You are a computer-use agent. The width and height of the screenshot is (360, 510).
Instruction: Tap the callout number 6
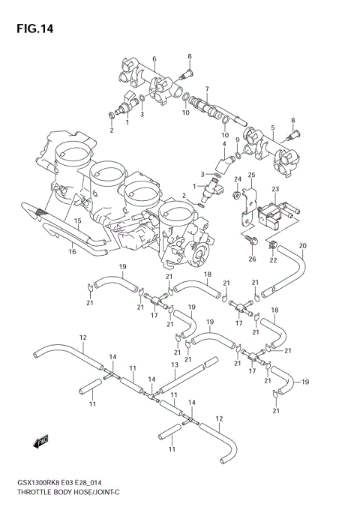[x=154, y=59]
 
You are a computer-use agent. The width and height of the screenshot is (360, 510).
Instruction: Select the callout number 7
[x=206, y=89]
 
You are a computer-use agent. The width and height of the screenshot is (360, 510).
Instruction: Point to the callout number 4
[x=223, y=144]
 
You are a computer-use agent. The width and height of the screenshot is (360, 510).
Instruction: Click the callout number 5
[x=272, y=127]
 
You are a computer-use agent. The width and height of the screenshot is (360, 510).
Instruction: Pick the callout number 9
[x=238, y=140]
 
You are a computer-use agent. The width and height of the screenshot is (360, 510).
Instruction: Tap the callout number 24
[x=236, y=179]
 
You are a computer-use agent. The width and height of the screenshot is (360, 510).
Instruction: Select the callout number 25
[x=252, y=175]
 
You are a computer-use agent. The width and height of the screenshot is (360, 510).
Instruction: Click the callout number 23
[x=275, y=189]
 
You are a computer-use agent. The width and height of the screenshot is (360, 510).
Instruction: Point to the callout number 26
[x=252, y=260]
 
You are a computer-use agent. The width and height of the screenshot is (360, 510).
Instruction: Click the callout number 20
[x=303, y=246]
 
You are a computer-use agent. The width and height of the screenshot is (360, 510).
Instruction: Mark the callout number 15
[x=77, y=221]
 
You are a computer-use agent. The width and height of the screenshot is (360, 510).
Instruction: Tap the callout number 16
[x=73, y=252]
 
